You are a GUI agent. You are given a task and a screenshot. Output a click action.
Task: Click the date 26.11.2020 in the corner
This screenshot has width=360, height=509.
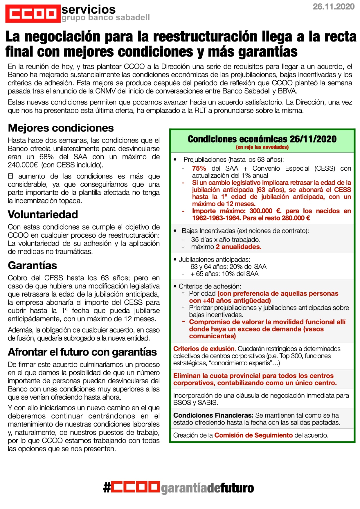pos(334,7)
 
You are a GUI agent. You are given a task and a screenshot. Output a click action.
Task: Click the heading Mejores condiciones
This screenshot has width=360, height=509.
pos(61,128)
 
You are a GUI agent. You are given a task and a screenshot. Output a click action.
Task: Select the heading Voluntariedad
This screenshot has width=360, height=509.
pos(43,214)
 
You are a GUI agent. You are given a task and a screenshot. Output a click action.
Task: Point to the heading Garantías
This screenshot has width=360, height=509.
pos(32,266)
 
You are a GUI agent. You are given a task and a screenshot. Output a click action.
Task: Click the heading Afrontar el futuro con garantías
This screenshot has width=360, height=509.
pos(82,352)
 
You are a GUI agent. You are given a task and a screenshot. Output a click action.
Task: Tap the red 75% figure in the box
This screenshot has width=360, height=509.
pos(199,169)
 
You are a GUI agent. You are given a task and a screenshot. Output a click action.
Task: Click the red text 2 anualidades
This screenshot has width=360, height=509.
pos(238,247)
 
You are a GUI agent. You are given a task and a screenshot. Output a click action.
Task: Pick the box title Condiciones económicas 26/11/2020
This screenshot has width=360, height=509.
pos(262,139)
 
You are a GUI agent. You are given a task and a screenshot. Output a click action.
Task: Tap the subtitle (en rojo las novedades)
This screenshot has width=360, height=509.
pos(262,147)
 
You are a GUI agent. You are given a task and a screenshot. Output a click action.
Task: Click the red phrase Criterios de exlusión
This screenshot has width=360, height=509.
pos(204,349)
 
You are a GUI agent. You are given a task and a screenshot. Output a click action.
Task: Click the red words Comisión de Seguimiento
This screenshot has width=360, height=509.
pos(253,435)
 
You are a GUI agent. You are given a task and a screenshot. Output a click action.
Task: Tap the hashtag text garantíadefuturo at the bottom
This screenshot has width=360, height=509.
pos(207,488)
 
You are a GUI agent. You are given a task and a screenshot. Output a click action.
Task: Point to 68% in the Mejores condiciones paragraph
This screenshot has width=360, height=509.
pos(46,157)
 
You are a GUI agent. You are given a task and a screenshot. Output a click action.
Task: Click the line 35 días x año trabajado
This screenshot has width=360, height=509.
pos(226,240)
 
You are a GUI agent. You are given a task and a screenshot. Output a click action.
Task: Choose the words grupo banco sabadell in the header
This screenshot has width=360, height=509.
pos(106,18)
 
